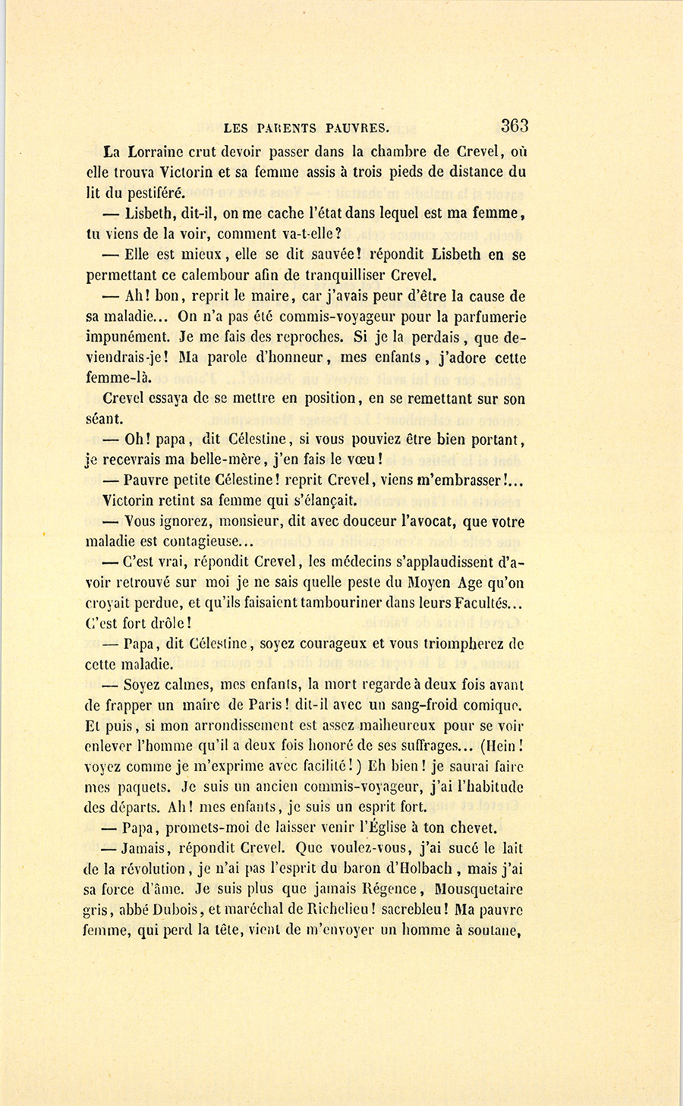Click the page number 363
click(514, 126)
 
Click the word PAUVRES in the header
click(355, 128)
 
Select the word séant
click(105, 419)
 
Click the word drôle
click(162, 624)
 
